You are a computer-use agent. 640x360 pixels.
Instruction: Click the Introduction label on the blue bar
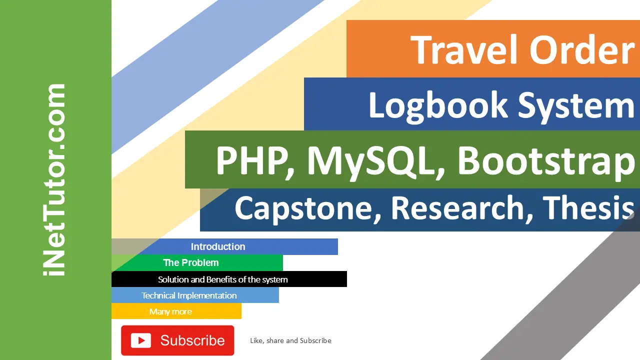click(218, 246)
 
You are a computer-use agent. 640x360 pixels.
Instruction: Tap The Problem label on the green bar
click(191, 262)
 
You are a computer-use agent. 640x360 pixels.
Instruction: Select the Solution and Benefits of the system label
click(223, 279)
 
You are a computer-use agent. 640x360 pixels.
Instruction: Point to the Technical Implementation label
click(189, 295)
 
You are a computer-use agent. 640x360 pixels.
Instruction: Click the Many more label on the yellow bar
click(170, 311)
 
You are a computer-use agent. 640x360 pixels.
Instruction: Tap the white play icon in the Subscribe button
click(141, 340)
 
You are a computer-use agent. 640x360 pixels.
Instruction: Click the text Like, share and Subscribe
click(290, 340)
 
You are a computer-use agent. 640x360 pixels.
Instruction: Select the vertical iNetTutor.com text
click(55, 180)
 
